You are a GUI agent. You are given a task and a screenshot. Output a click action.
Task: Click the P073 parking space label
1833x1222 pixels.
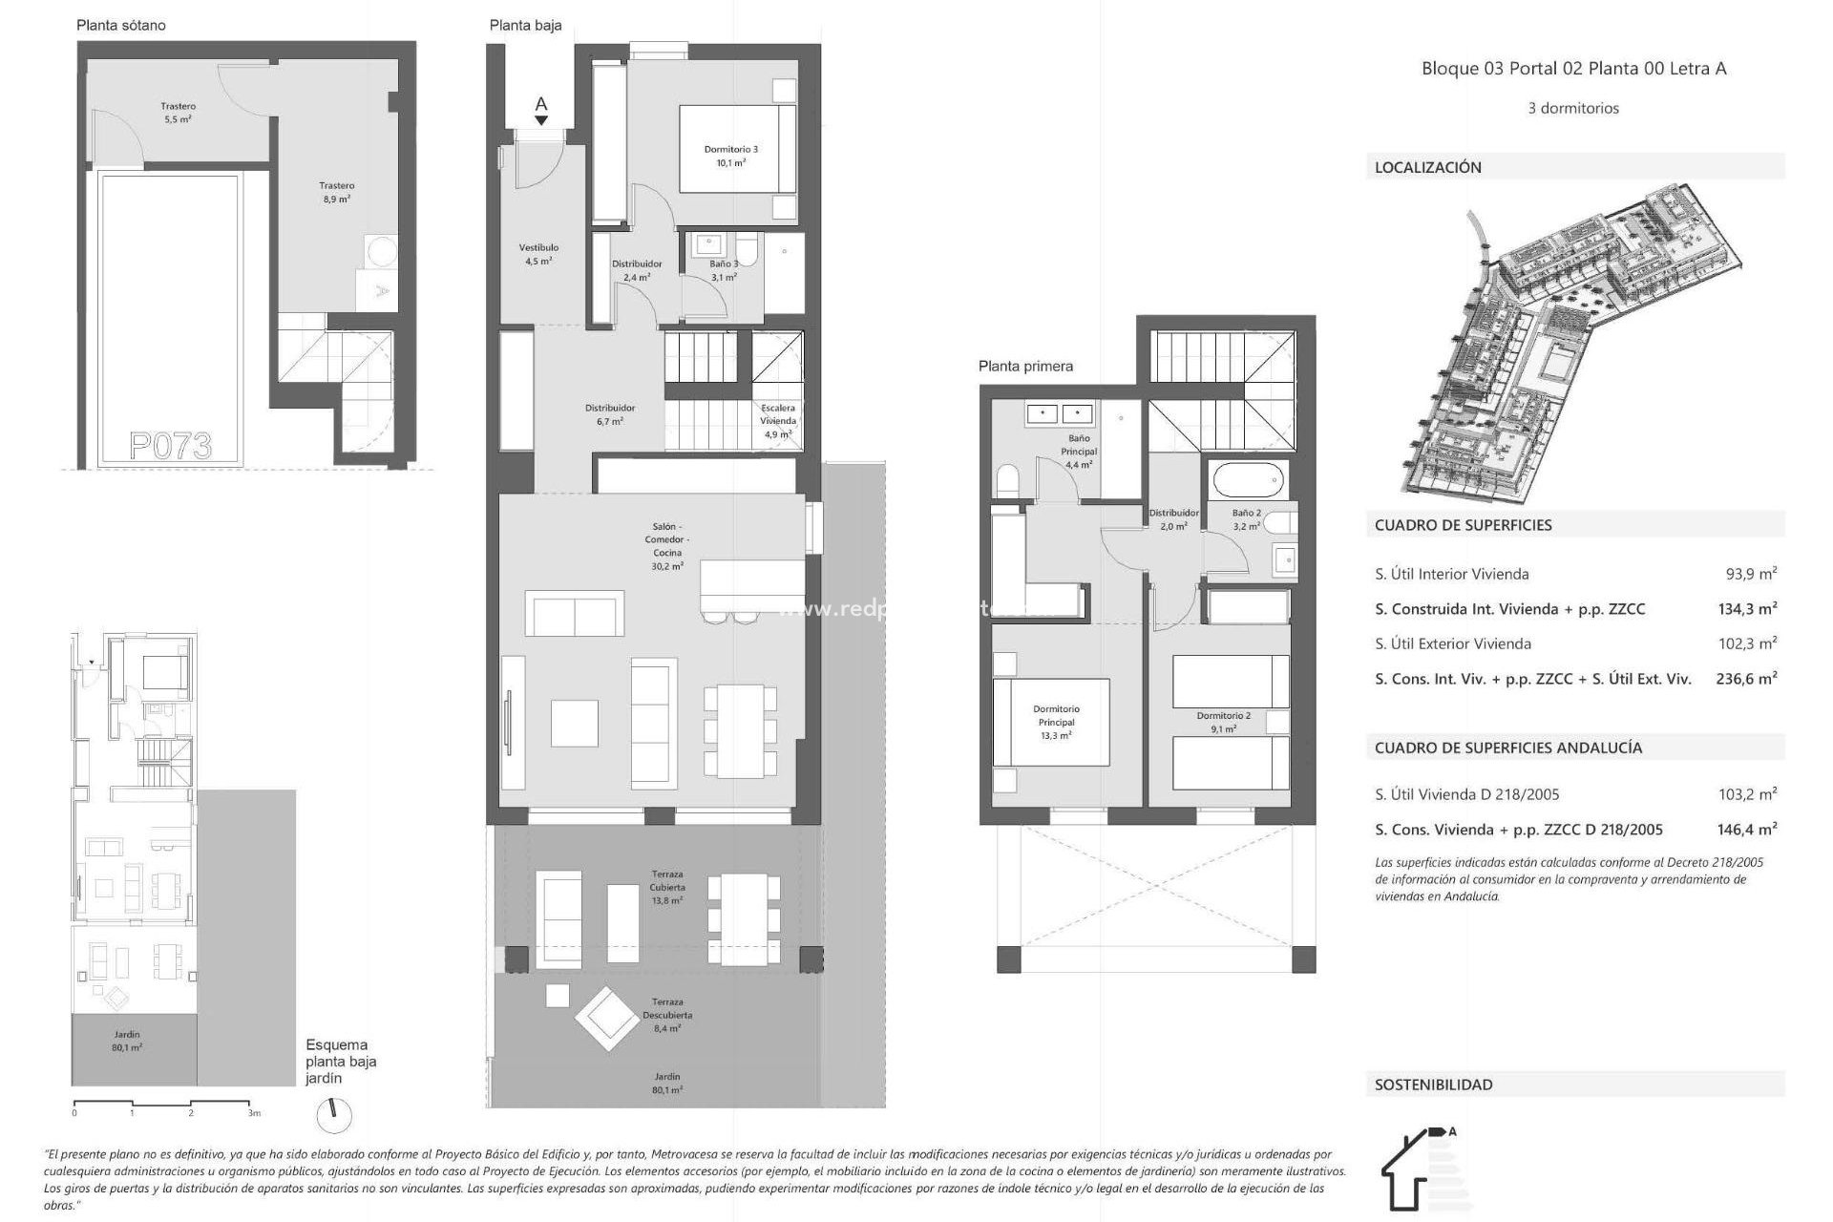click(x=171, y=445)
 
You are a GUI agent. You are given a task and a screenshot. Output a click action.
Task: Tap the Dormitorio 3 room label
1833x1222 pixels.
click(x=730, y=156)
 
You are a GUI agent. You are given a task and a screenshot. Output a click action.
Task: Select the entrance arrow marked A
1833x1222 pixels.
click(x=541, y=111)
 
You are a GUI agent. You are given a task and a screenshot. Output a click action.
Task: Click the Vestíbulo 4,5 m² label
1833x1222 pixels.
click(x=538, y=254)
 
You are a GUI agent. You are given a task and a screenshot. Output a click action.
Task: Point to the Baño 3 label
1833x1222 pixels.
click(x=723, y=270)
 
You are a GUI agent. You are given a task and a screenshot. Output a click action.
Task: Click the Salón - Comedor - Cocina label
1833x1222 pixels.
click(x=667, y=546)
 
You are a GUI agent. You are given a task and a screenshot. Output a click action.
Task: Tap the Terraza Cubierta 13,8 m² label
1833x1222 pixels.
click(x=667, y=887)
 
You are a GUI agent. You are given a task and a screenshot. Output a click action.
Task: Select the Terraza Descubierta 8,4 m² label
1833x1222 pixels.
click(x=667, y=1015)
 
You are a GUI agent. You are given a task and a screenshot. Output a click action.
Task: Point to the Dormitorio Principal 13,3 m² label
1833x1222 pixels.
click(x=1056, y=722)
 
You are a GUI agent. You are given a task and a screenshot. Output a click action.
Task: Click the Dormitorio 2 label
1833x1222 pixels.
click(x=1223, y=722)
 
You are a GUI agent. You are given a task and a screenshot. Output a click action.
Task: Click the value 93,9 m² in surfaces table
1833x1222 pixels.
click(x=1751, y=574)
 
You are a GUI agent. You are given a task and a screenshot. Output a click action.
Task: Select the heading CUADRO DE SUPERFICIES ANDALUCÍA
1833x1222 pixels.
click(x=1508, y=748)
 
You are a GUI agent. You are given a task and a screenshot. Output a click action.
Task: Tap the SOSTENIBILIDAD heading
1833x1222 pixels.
click(x=1433, y=1085)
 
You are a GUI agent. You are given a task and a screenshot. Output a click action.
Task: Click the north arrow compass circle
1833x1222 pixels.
click(x=333, y=1115)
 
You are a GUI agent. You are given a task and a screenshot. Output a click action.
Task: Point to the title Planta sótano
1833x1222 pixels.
click(x=121, y=26)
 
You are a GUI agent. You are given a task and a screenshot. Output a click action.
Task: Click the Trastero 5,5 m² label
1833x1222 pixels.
click(x=178, y=113)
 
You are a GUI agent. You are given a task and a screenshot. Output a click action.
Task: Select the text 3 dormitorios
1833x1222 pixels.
click(x=1573, y=108)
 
